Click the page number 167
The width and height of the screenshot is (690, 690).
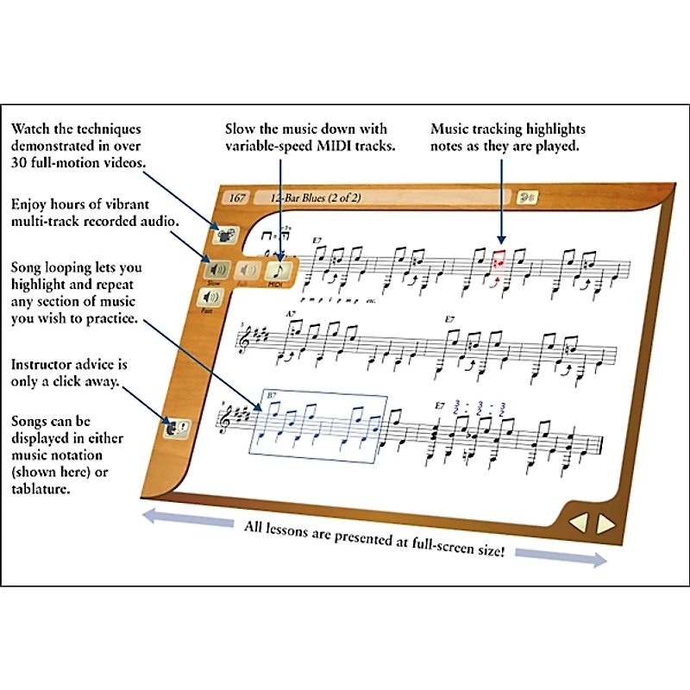pyautogui.click(x=237, y=198)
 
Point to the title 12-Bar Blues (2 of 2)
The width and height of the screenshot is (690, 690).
pyautogui.click(x=317, y=198)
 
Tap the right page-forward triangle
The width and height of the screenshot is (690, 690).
pyautogui.click(x=606, y=524)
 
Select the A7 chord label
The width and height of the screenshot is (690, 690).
pyautogui.click(x=291, y=313)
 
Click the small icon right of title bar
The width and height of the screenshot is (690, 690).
pyautogui.click(x=526, y=198)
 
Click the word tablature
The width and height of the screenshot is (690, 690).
pyautogui.click(x=41, y=488)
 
